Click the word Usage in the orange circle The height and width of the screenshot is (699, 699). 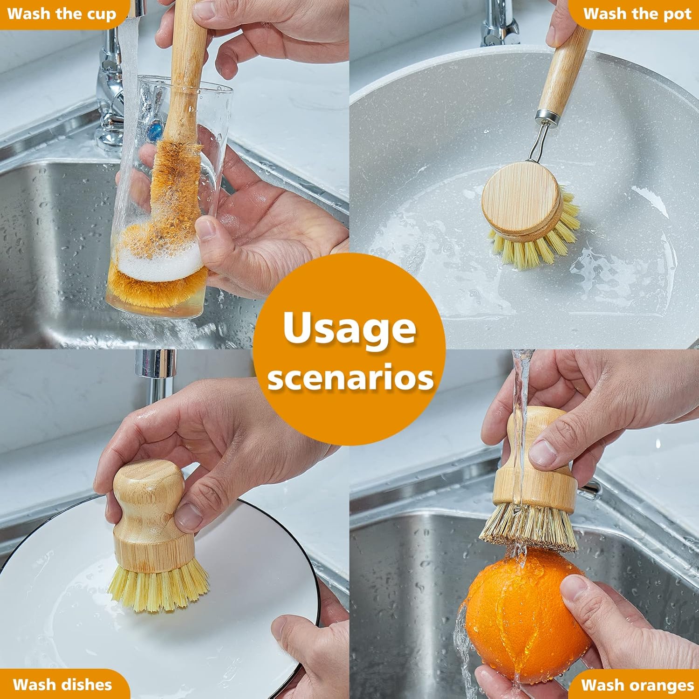(x=349, y=329)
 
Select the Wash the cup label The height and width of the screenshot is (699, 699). (x=62, y=14)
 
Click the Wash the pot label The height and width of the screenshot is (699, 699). (x=637, y=14)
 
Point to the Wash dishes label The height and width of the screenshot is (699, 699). (x=62, y=684)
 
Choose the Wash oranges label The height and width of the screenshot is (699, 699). (x=637, y=685)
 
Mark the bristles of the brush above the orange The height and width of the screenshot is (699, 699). (x=529, y=527)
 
